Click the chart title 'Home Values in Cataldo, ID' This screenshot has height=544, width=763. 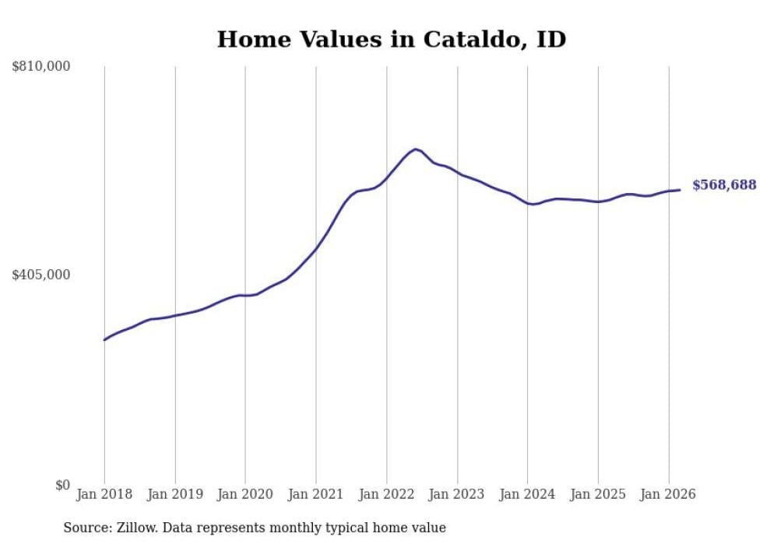pos(391,39)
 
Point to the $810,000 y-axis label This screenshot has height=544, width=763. pos(41,67)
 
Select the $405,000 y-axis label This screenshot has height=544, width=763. pos(41,275)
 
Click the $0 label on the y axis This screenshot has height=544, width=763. pos(62,485)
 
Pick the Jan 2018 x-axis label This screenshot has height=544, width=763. pos(104,494)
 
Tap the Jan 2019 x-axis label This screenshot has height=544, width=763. pos(175,494)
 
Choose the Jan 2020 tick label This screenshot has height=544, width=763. pos(245,494)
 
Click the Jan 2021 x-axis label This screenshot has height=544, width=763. pos(316,494)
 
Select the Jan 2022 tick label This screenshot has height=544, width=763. pos(387,494)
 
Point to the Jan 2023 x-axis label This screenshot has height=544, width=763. pos(457,494)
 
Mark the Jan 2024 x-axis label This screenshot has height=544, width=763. pos(528,494)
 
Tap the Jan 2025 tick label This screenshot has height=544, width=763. pos(598,494)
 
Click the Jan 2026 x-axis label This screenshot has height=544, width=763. pos(669,494)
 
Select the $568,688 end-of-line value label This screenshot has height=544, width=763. pos(724,185)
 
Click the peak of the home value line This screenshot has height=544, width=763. pos(415,149)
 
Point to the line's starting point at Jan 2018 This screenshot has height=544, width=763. pos(104,340)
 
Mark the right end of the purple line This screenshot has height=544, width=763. pos(680,190)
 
